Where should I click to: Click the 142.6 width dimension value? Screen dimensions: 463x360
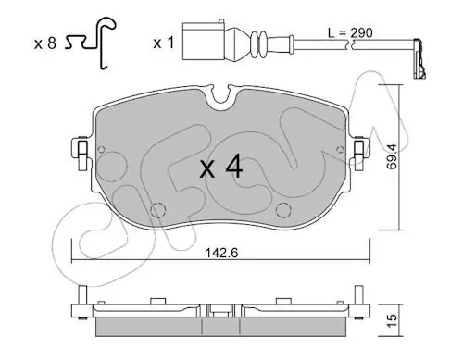[221, 254]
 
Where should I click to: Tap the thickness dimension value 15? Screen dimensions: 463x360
[392, 321]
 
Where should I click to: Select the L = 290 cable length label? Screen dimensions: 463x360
[350, 32]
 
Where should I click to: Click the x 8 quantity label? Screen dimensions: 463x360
[45, 43]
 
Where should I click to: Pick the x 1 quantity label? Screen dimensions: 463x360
[164, 43]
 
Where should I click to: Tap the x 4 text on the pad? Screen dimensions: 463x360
[221, 168]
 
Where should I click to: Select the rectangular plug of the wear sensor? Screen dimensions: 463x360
[204, 41]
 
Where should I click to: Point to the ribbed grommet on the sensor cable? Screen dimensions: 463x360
[258, 44]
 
